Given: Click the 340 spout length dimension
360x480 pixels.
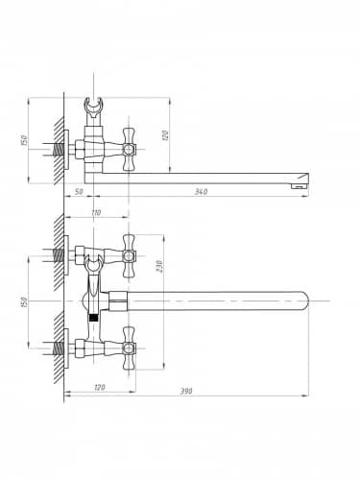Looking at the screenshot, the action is (201, 192).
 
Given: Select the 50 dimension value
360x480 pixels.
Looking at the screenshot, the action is (79, 191).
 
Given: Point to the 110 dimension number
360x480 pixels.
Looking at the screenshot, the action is (96, 212).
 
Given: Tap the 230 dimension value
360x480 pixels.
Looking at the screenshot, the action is (160, 266).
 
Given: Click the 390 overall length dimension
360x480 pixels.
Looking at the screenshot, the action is (186, 391).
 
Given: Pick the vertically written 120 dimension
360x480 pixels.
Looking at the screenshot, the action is (165, 135).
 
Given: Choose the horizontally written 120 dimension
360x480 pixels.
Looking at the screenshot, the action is (100, 387).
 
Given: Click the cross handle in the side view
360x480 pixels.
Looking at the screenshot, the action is (129, 149).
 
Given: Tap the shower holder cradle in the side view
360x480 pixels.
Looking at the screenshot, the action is (93, 107).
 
